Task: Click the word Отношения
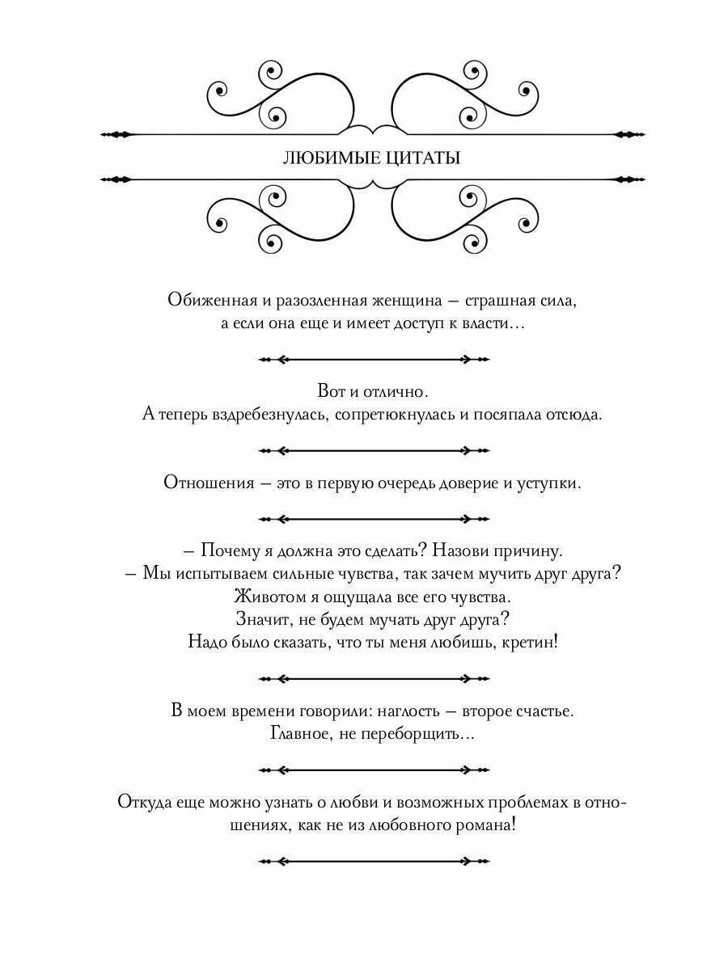(x=208, y=483)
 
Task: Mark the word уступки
(x=549, y=483)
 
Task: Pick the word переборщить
(x=422, y=735)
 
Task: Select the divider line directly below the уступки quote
(x=373, y=518)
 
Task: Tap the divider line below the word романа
(x=373, y=862)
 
